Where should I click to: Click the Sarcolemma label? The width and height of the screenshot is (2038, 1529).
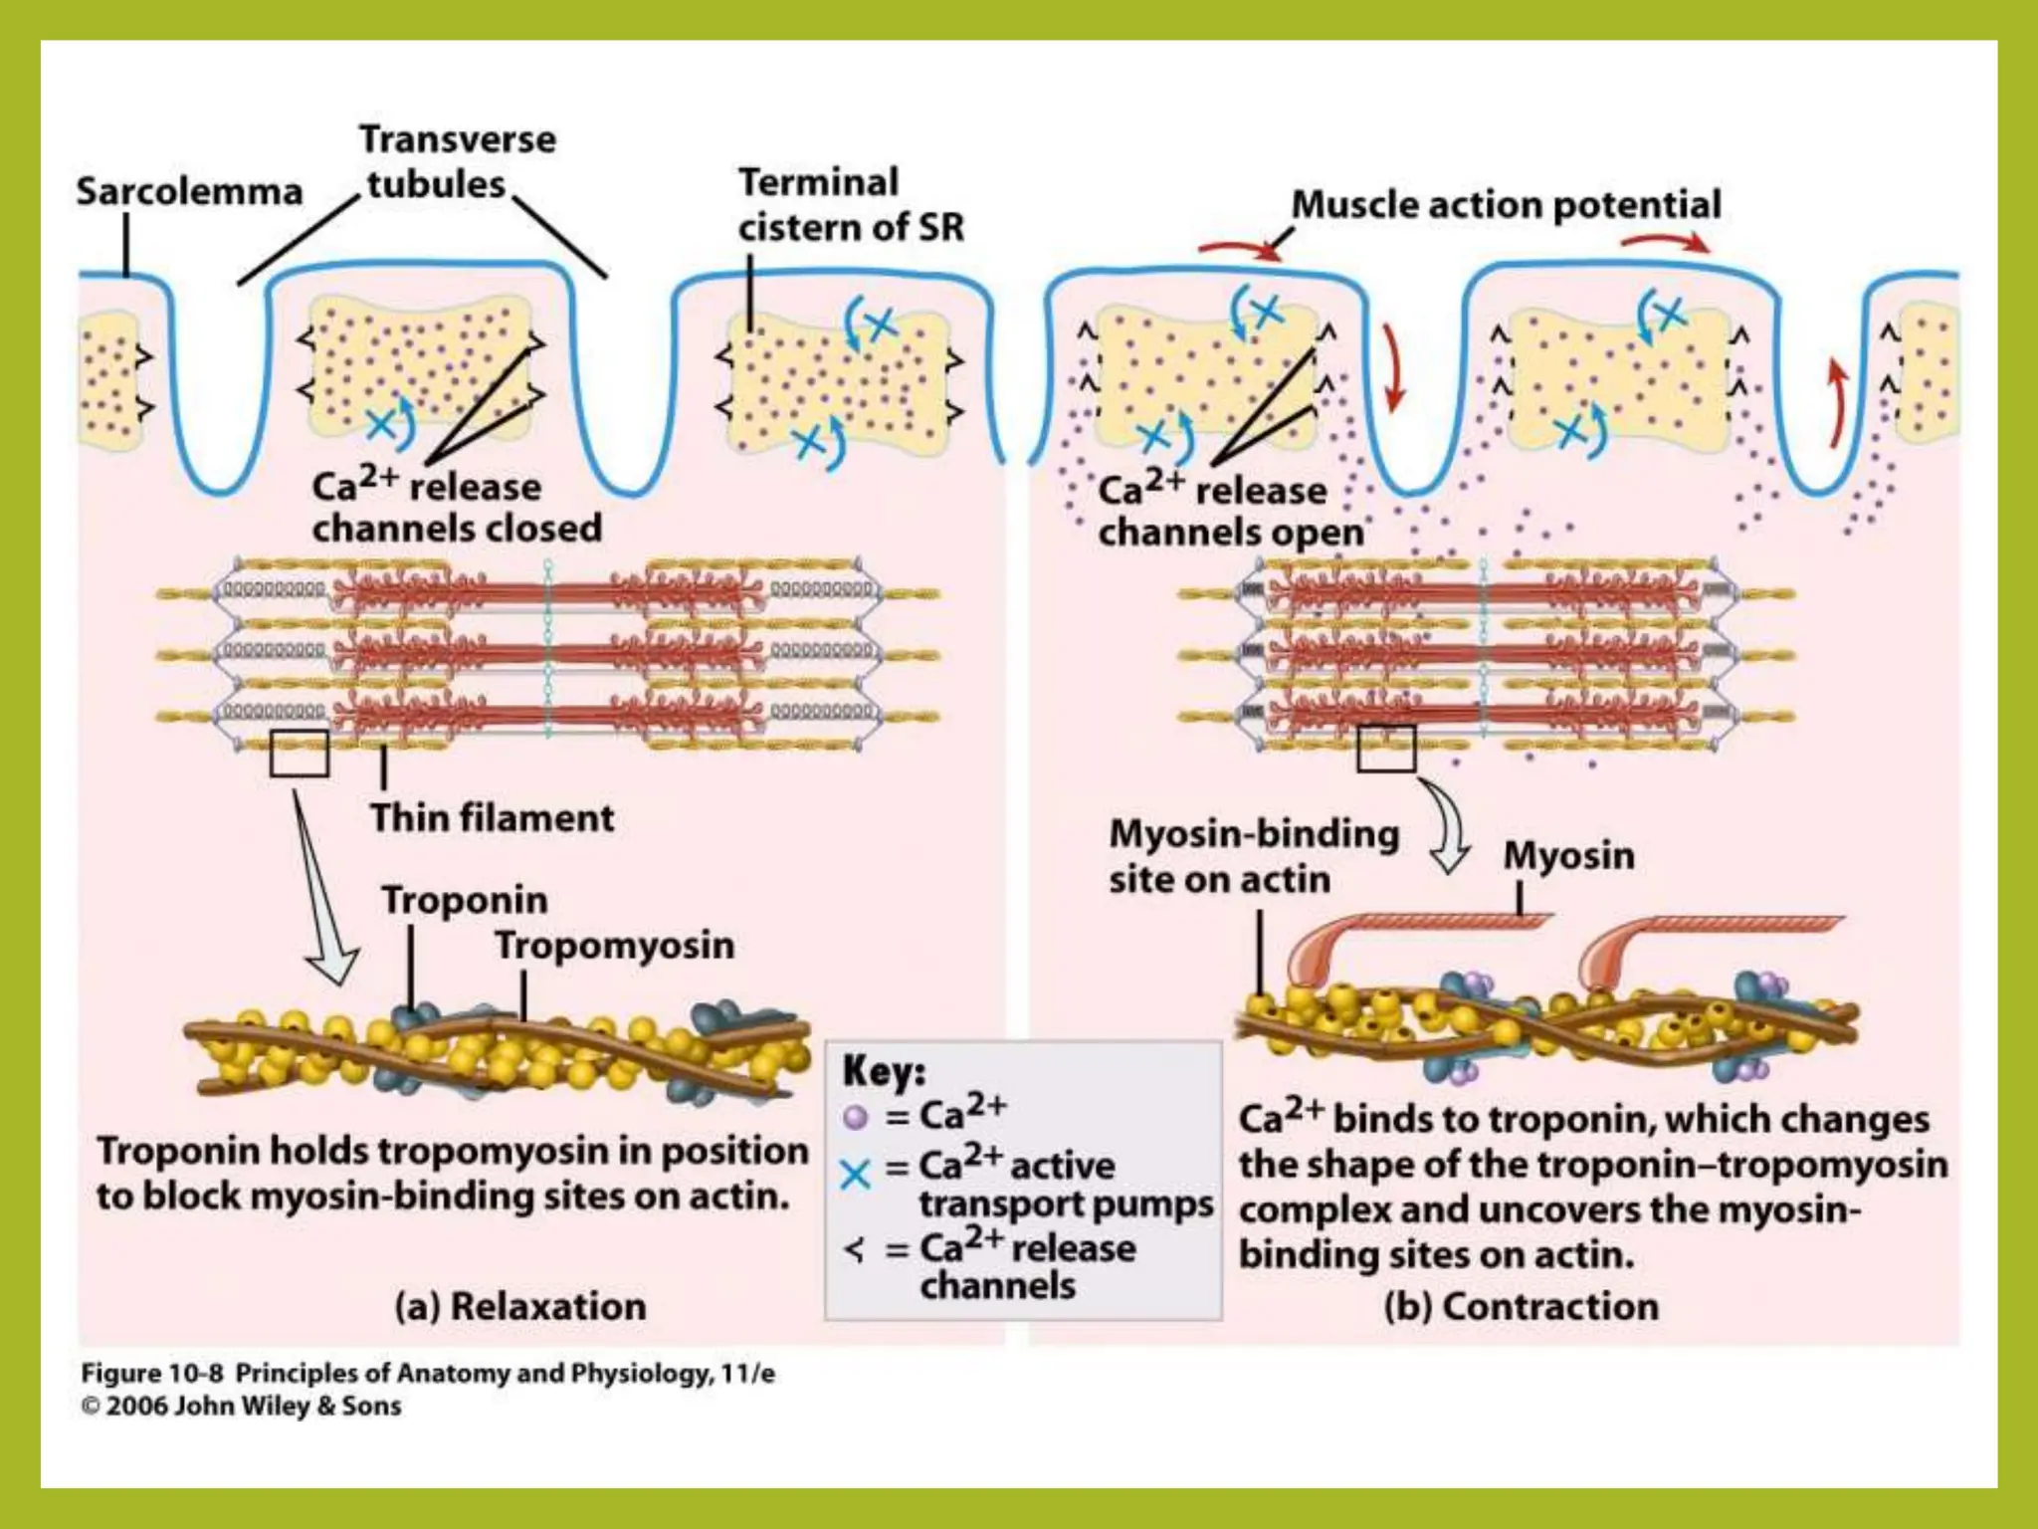pos(189,191)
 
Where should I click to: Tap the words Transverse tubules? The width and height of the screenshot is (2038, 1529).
pos(457,161)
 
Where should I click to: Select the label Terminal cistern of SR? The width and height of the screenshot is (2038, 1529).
pos(851,205)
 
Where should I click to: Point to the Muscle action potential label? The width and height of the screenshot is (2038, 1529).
pos(1506,204)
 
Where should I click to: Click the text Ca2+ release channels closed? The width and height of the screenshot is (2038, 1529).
pos(456,507)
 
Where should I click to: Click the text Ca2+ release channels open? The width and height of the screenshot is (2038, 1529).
pos(1230,511)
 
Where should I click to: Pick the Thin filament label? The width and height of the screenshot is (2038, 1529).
pos(492,817)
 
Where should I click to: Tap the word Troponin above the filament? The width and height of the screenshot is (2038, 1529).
pos(465,899)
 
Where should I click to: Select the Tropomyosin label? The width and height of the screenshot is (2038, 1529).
pos(615,945)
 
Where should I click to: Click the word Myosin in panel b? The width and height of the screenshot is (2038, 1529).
pos(1568,855)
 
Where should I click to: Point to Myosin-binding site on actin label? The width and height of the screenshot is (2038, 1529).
pos(1254,856)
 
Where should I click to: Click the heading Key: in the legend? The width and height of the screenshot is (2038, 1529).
pos(884,1071)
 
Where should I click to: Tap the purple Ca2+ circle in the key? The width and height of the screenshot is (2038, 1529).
pos(855,1117)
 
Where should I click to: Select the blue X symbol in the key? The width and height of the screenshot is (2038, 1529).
pos(855,1175)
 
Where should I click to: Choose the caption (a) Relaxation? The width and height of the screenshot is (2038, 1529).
pos(520,1306)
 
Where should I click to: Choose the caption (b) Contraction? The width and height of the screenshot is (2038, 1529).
pos(1521,1306)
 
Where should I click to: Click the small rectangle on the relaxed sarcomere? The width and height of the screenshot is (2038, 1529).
pos(299,754)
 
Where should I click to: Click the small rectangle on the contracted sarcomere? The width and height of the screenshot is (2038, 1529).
pos(1386,748)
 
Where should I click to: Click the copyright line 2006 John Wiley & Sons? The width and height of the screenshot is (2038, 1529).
pos(241,1406)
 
